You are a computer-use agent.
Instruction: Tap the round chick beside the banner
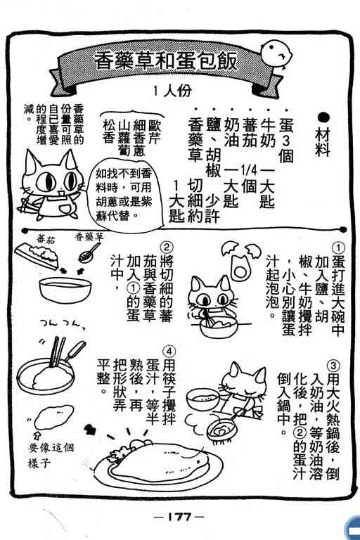point(276,54)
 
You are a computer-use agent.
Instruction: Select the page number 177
point(179,517)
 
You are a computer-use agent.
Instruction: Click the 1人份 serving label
point(172,91)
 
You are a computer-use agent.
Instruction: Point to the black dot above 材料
point(323,118)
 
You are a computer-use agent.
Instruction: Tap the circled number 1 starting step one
point(338,247)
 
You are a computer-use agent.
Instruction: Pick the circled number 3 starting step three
point(333,366)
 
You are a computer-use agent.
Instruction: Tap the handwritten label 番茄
point(46,240)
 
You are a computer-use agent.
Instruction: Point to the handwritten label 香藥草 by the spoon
point(89,237)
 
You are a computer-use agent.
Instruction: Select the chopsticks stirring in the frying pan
point(57,352)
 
